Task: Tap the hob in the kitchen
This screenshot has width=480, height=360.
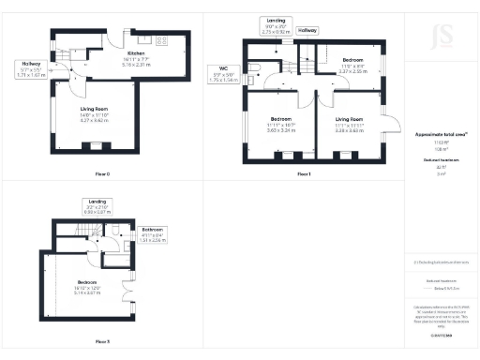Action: (162, 40)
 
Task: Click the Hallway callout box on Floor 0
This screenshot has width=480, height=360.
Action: (31, 69)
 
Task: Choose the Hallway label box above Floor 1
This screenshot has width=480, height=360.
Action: (307, 31)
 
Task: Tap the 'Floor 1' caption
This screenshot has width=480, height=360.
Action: (303, 174)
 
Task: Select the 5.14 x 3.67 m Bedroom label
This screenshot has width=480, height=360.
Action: (88, 286)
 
